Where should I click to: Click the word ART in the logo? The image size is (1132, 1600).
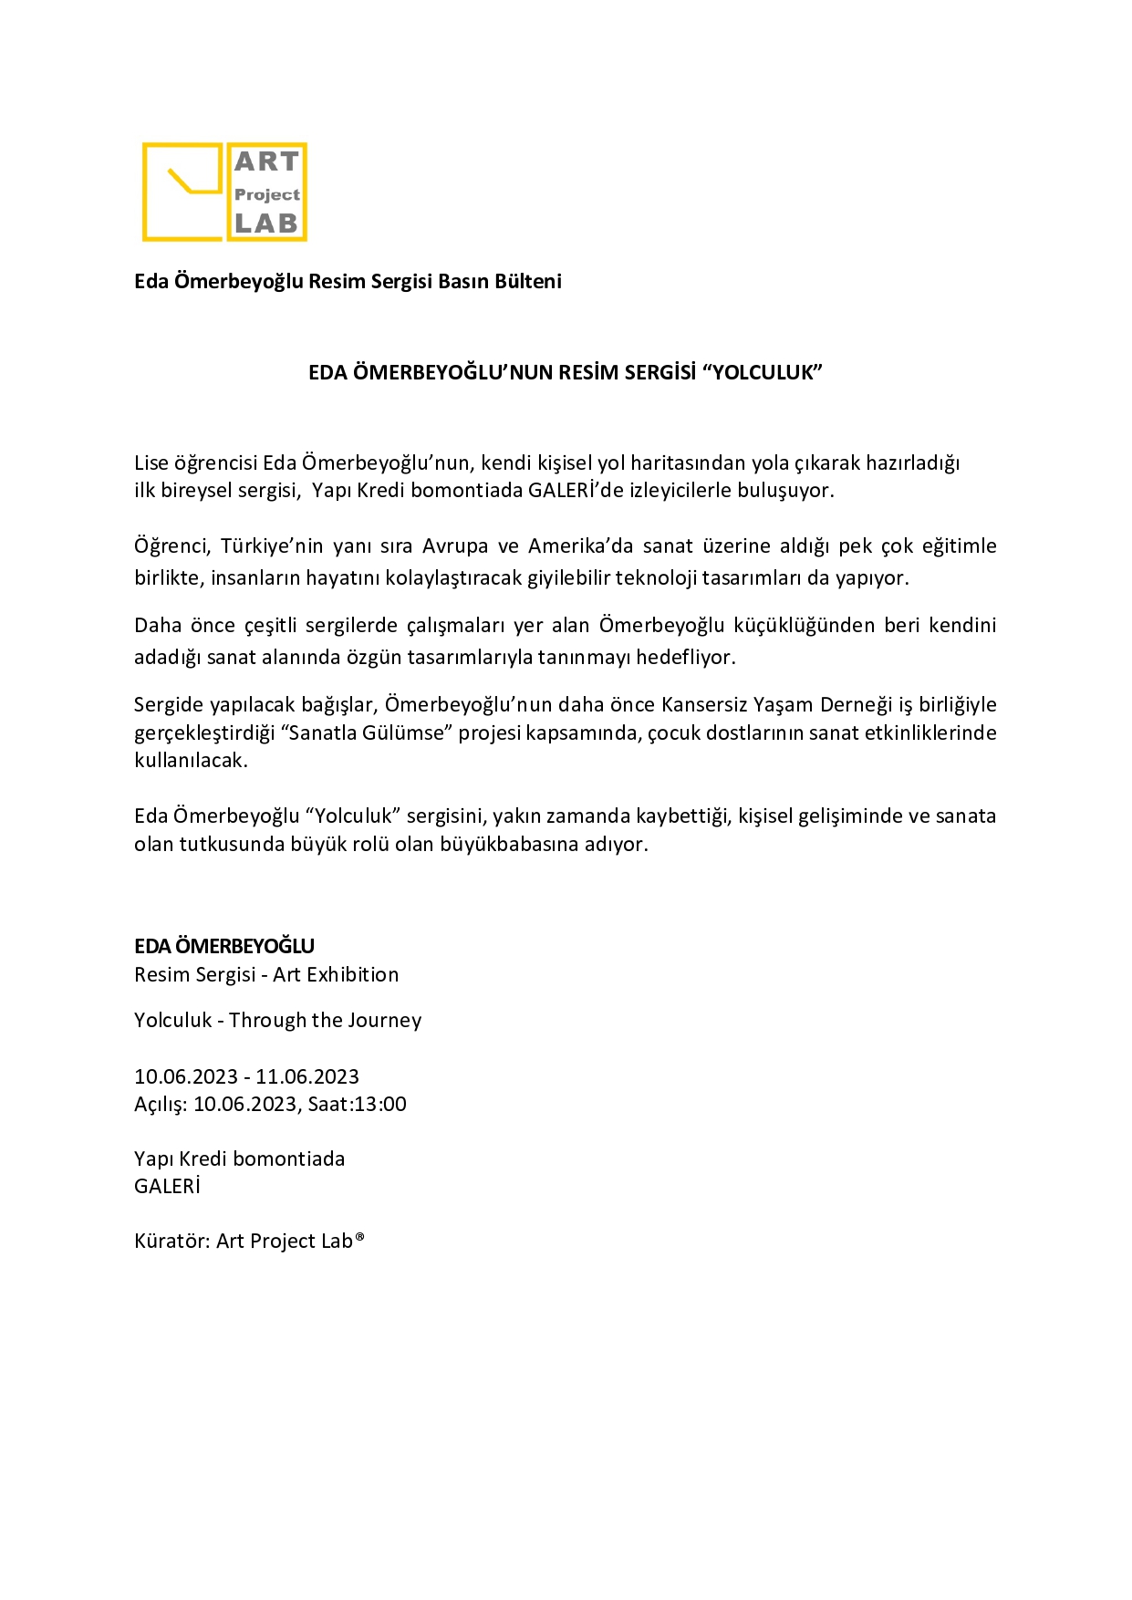(x=266, y=161)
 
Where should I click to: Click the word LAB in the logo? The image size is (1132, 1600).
(x=266, y=223)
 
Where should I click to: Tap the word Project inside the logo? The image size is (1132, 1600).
(x=266, y=194)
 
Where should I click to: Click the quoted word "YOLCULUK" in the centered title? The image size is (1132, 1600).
(x=761, y=372)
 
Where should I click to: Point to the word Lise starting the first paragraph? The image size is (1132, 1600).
(x=151, y=462)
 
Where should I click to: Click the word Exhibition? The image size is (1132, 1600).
(x=353, y=974)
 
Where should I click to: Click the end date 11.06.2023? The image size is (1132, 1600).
(x=307, y=1076)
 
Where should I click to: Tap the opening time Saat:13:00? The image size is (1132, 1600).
(x=357, y=1104)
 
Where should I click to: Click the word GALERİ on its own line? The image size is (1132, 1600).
(x=167, y=1186)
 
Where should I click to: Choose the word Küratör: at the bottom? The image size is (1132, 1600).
(x=172, y=1241)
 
